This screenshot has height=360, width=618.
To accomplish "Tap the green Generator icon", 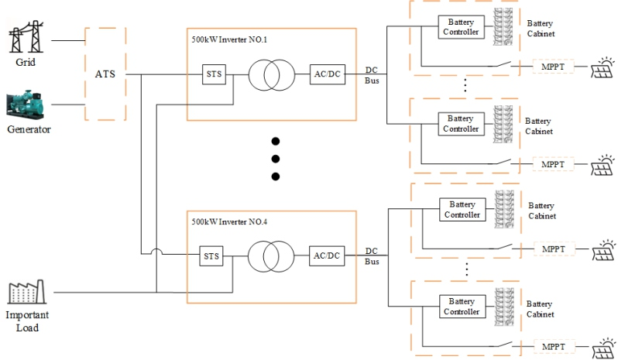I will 28,106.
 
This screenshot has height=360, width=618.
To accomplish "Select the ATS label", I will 105,75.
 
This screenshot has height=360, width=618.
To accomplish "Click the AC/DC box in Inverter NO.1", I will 325,74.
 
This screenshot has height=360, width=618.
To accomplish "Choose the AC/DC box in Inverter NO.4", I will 327,255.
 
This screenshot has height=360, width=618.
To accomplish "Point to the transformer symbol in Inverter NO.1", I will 267,74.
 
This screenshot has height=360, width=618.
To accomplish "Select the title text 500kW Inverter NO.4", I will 229,221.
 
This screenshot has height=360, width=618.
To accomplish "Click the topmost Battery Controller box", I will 462,27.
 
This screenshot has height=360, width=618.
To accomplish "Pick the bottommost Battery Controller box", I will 462,307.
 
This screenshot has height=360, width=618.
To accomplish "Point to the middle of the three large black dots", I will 274,159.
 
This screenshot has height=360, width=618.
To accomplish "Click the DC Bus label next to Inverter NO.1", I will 372,74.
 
